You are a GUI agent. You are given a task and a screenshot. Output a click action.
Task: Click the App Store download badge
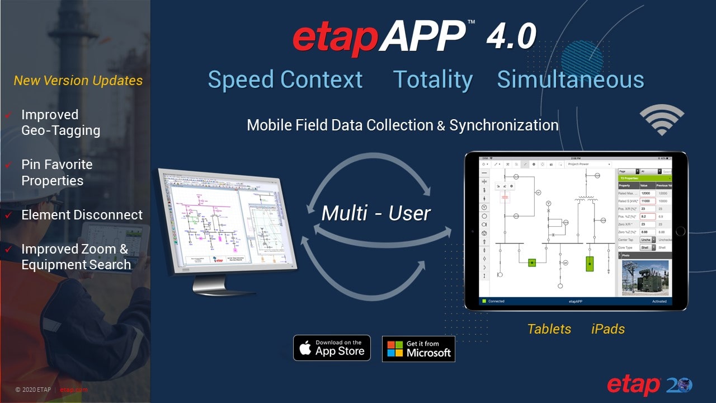click(x=332, y=348)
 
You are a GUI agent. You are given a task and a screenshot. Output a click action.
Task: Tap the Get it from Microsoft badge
click(x=418, y=349)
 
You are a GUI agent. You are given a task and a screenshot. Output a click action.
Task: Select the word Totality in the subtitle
click(x=433, y=79)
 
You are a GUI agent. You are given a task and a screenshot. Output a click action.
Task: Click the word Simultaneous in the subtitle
click(x=570, y=79)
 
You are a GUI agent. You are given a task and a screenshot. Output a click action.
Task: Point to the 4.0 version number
click(x=511, y=36)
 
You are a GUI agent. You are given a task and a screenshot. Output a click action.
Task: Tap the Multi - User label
click(x=376, y=213)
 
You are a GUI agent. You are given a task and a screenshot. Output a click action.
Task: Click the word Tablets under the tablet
click(x=549, y=329)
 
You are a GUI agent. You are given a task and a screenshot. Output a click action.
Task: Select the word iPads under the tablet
click(x=608, y=329)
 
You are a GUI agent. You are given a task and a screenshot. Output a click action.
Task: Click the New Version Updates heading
click(x=78, y=81)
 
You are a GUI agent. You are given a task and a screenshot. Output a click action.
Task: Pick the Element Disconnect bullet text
click(x=82, y=215)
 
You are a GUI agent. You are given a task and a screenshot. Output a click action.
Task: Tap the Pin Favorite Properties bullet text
click(x=56, y=172)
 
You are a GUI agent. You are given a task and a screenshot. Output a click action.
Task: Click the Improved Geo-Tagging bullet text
click(x=60, y=123)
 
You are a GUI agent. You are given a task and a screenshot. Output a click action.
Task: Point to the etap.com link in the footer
click(x=74, y=390)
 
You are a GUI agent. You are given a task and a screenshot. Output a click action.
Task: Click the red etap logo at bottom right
click(x=633, y=386)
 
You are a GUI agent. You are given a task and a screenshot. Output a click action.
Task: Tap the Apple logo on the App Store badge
click(x=305, y=348)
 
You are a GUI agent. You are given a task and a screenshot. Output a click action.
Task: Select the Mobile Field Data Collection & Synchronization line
click(x=403, y=125)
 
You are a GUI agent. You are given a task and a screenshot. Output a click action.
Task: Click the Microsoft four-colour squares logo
click(x=395, y=349)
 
